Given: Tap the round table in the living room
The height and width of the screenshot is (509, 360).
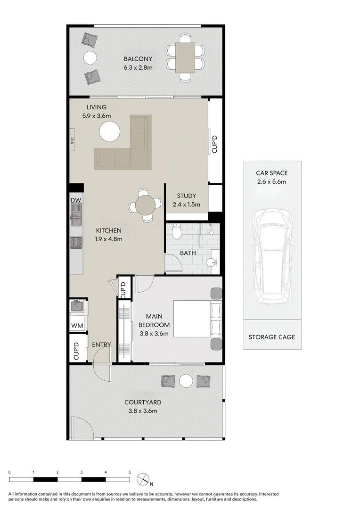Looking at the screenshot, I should click(x=109, y=131).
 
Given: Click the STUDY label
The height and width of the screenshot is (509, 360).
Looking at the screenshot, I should click(x=186, y=196).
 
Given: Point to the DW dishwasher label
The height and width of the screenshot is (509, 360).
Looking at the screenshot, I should click(x=76, y=200).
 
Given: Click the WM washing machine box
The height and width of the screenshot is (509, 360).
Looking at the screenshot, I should click(x=77, y=326).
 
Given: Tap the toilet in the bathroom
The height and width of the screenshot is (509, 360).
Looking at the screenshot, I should click(x=176, y=231).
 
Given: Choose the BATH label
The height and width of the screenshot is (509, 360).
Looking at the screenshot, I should click(x=188, y=253).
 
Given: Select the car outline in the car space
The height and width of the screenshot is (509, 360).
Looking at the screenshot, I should click(x=272, y=257).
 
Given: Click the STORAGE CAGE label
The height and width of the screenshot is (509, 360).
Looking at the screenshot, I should click(x=272, y=337).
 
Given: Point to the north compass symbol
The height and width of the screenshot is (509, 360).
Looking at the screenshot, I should click(x=143, y=479).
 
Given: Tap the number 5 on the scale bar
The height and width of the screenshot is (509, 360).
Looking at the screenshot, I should click(x=130, y=472).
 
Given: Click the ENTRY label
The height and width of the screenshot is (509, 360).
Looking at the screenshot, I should click(x=101, y=345).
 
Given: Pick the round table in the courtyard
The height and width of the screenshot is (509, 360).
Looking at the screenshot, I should click(x=186, y=380).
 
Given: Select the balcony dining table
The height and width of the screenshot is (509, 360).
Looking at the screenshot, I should click(x=185, y=57).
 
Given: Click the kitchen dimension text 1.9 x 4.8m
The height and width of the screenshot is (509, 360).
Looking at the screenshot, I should click(x=109, y=239).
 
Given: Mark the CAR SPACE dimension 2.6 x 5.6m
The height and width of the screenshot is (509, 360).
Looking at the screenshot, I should click(x=272, y=181).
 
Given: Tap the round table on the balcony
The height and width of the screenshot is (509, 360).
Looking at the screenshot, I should click(x=90, y=57).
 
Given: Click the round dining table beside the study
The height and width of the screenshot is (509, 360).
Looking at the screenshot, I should click(x=145, y=205).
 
